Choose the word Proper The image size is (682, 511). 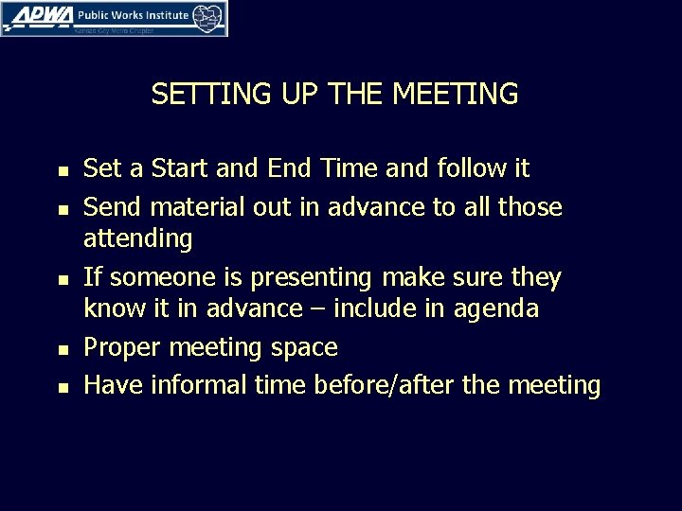click(x=122, y=348)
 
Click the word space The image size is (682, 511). click(x=303, y=348)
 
